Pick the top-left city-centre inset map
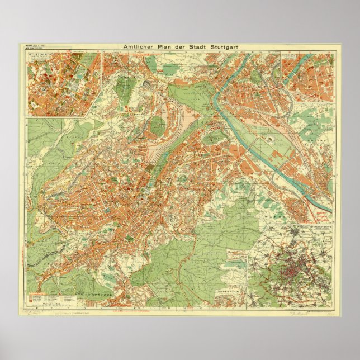pos(63,84)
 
